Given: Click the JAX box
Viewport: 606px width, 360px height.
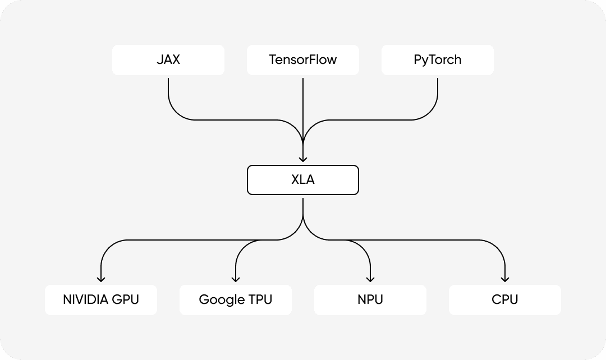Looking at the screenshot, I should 168,60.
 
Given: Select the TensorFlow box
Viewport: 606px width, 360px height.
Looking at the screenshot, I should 303,60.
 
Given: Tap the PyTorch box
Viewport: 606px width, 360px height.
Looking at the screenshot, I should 438,60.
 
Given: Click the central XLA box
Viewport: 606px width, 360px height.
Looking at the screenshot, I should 303,180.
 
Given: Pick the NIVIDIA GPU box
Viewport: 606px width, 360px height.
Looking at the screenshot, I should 101,299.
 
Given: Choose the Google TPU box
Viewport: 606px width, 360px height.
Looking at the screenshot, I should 236,299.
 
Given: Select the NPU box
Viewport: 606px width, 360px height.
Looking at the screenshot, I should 370,299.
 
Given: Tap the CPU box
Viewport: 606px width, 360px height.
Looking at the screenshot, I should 505,299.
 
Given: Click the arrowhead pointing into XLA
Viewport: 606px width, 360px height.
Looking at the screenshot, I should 303,159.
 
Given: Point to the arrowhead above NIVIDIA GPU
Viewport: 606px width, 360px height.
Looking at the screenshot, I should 101,279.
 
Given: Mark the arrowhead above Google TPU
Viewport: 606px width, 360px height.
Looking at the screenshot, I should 236,279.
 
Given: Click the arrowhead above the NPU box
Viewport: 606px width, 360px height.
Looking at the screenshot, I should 370,279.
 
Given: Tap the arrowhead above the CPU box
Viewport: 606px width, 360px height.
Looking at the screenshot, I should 505,279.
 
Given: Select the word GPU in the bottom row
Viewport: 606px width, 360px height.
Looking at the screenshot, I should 126,299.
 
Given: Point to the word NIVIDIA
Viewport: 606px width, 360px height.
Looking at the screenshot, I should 86,299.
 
